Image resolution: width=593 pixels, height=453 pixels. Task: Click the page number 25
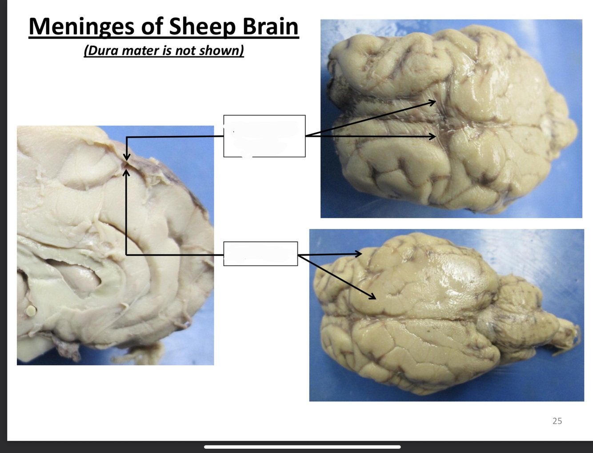click(x=557, y=421)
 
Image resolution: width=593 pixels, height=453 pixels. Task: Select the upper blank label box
click(x=264, y=136)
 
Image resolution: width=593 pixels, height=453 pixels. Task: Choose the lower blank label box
click(x=260, y=254)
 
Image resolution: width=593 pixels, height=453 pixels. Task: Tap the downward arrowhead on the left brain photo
click(x=127, y=157)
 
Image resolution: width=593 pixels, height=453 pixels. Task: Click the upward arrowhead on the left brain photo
click(x=126, y=172)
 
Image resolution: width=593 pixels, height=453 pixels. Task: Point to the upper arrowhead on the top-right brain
click(x=432, y=103)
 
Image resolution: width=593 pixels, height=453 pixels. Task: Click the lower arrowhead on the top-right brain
click(x=432, y=136)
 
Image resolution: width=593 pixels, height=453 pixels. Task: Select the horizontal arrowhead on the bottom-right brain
click(x=358, y=254)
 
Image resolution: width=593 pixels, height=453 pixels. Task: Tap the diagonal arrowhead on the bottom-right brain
click(x=373, y=296)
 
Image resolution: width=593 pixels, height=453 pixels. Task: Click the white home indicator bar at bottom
click(x=302, y=447)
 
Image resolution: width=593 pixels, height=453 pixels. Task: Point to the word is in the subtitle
click(x=168, y=50)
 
